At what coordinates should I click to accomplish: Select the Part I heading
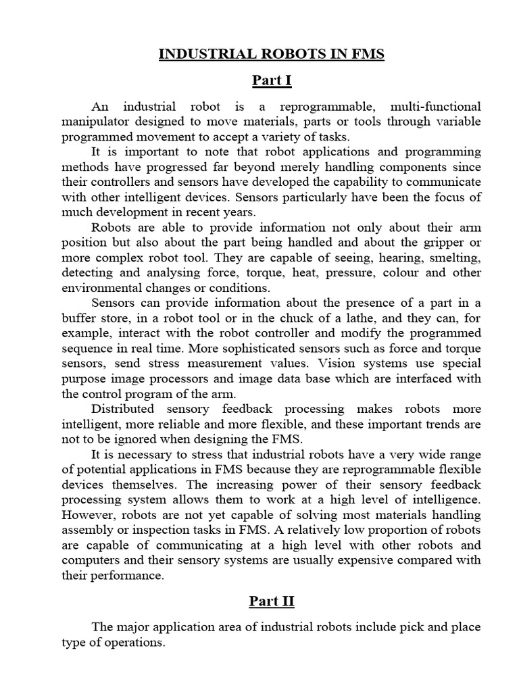coord(272,81)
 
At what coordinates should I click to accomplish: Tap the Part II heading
coord(272,601)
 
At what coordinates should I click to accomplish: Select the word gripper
coord(444,243)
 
